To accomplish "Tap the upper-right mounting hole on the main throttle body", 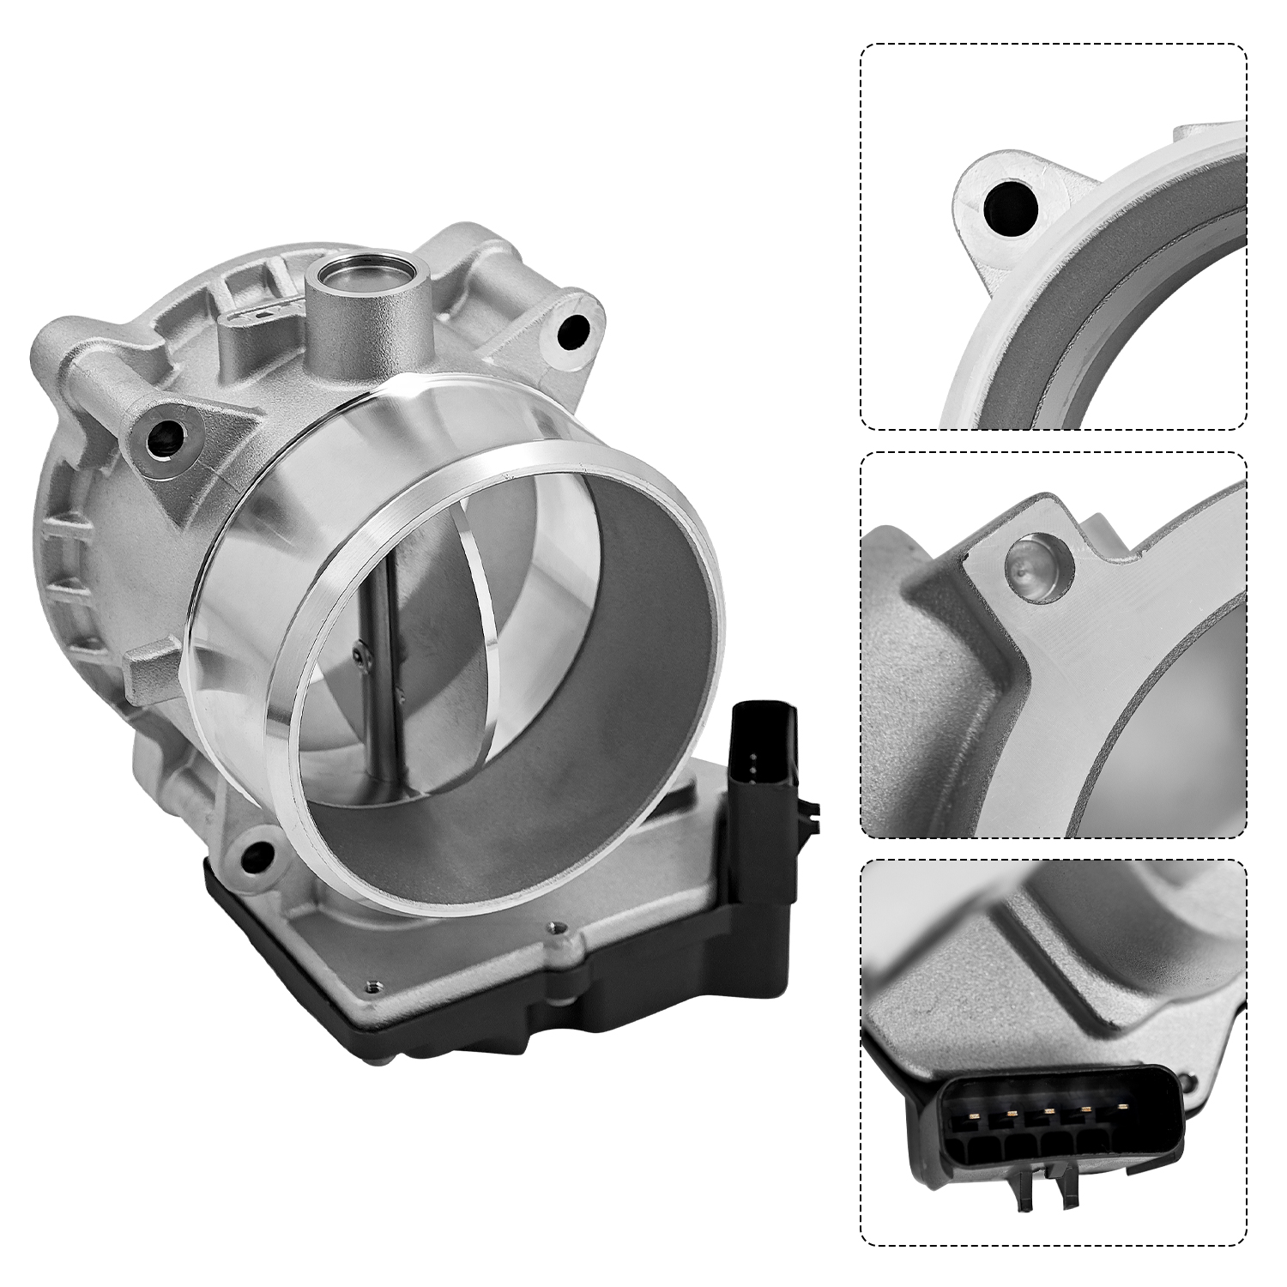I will click(x=573, y=330).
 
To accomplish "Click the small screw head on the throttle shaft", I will click(x=360, y=657).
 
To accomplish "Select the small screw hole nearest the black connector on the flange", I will click(x=555, y=927).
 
